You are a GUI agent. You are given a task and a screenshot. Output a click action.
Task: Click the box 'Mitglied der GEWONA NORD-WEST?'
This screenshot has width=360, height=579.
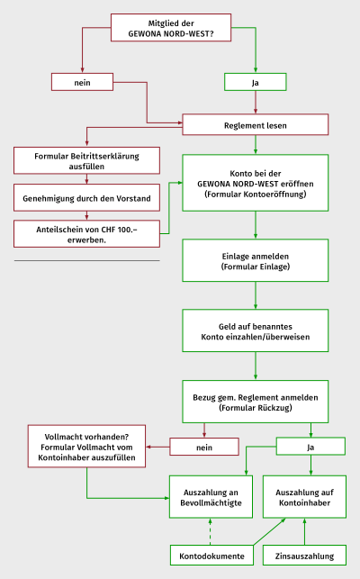(x=171, y=28)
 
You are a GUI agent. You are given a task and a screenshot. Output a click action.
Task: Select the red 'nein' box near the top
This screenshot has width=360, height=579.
(x=82, y=82)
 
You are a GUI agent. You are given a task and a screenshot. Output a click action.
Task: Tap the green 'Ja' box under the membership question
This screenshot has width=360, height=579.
(x=255, y=82)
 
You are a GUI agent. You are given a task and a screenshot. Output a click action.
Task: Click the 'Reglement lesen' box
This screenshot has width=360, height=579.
(x=255, y=125)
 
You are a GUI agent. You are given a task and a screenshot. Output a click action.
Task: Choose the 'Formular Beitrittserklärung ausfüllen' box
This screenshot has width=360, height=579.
(x=86, y=160)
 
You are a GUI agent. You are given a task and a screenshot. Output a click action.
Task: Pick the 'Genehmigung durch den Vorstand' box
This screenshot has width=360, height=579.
(x=86, y=198)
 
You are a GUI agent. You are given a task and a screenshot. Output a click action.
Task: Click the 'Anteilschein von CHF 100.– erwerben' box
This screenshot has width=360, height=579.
(x=86, y=234)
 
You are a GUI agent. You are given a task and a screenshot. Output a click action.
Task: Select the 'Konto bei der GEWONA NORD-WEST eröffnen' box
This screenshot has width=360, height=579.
(x=255, y=183)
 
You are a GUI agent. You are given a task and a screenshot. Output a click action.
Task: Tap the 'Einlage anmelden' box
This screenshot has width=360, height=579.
(x=255, y=261)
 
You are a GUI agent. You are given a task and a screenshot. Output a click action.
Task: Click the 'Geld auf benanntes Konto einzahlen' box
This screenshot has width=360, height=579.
(x=255, y=330)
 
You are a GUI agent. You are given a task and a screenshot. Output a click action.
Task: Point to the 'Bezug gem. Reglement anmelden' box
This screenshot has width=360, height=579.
(x=255, y=402)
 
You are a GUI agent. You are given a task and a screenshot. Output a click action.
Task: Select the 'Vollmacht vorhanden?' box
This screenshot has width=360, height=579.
(x=86, y=447)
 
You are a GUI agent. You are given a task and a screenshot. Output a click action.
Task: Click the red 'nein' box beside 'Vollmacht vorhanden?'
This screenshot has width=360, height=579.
(x=204, y=447)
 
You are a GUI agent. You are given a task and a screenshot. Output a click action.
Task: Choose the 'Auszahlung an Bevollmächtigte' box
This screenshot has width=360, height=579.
(x=211, y=497)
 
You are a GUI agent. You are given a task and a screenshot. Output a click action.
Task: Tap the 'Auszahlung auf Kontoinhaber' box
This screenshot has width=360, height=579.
(x=304, y=497)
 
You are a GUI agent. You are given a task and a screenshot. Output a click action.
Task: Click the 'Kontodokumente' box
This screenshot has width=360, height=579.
(x=211, y=556)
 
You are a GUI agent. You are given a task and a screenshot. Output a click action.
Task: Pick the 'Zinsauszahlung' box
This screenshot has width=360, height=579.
(x=304, y=556)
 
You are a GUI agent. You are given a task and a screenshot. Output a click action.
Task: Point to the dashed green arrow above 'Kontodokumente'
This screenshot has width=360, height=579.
(x=210, y=532)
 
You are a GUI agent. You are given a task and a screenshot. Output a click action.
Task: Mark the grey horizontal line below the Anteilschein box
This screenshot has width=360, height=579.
(x=86, y=261)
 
